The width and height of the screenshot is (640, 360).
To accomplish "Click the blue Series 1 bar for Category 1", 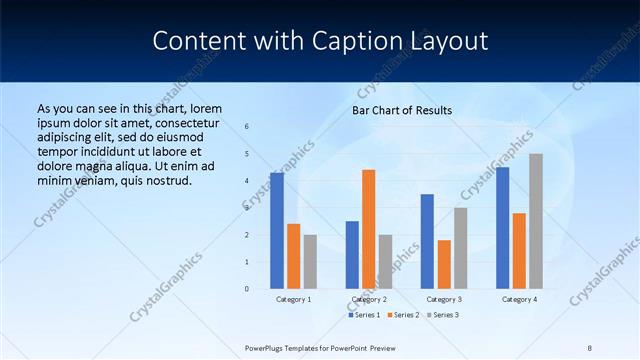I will click(277, 231).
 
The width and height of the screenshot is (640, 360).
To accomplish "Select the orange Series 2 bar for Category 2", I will click(369, 229).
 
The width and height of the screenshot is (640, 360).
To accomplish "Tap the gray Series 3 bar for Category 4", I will click(536, 221).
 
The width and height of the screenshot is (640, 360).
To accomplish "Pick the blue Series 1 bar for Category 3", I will click(427, 241).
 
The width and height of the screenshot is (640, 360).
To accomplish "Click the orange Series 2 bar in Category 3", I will click(444, 264).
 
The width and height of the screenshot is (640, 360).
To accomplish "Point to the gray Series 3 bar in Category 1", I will click(310, 262).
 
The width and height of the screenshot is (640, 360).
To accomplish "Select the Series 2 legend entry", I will click(403, 315).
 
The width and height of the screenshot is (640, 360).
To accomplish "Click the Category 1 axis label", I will click(293, 299).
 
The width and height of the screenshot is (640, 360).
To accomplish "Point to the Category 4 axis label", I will click(519, 299).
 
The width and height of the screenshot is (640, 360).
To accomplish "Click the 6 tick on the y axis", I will click(247, 127).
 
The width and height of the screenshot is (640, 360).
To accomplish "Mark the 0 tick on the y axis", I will click(247, 289).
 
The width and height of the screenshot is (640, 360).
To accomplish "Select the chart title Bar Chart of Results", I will click(402, 110).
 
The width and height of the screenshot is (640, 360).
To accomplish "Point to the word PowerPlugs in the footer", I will click(265, 348).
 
